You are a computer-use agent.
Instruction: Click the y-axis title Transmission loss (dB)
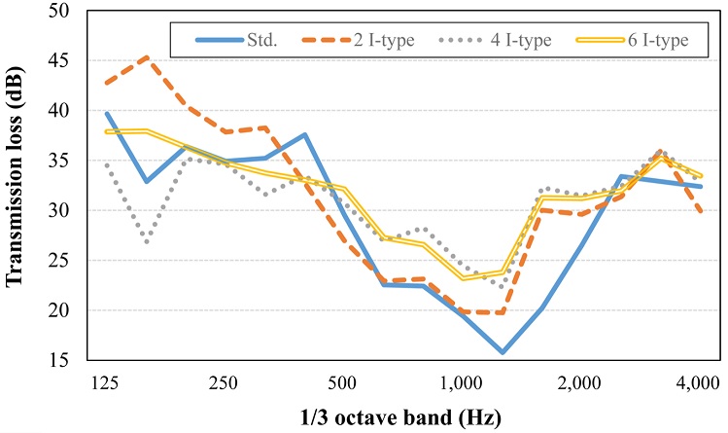(16, 185)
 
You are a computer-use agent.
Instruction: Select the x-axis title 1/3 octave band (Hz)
(403, 417)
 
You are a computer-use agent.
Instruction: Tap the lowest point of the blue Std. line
(502, 352)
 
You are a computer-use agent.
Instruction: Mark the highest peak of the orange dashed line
(146, 57)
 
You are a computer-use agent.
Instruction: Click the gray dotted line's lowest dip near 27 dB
(146, 241)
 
